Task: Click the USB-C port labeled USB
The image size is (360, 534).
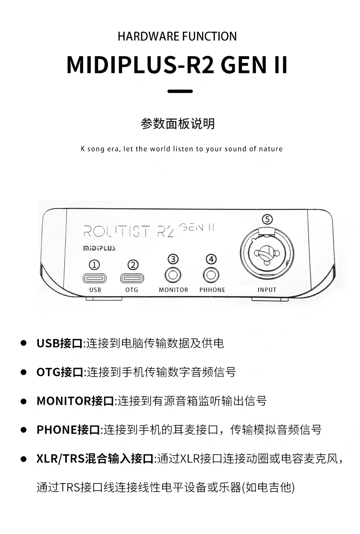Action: coord(95,278)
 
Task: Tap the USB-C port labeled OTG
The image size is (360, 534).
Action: coord(132,278)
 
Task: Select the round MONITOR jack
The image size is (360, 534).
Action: coord(173,275)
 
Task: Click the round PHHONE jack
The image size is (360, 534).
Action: coord(212,275)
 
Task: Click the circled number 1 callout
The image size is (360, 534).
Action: coord(95,265)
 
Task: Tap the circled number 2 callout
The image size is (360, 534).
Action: coord(132,265)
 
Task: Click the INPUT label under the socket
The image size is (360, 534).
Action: coord(267,290)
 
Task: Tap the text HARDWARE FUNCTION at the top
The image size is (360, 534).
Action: coord(177,36)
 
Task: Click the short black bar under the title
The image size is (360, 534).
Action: coord(180,91)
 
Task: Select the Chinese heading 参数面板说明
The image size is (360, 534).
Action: coord(178,124)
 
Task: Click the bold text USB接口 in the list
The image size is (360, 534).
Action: coord(60,343)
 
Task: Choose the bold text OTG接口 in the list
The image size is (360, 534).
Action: coord(60,372)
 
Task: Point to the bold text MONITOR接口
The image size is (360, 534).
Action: coord(75,401)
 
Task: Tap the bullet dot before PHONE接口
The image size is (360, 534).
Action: coord(23,430)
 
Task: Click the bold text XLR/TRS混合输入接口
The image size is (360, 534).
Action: coord(95,459)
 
